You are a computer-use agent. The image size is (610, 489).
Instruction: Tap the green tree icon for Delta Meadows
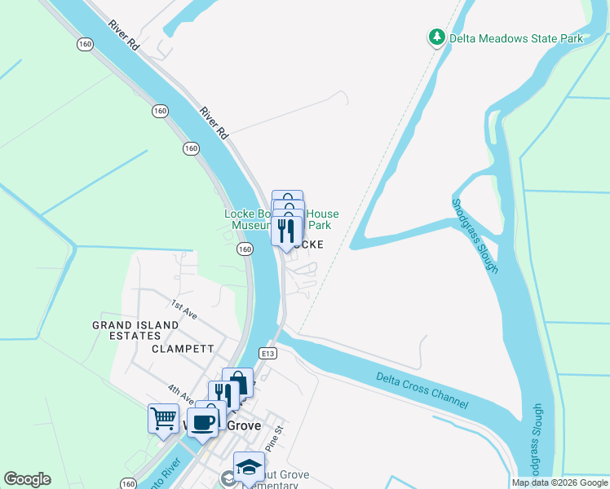tap(436, 37)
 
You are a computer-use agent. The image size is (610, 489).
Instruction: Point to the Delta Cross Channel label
tap(422, 390)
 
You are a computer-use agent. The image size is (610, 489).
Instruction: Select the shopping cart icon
tap(163, 419)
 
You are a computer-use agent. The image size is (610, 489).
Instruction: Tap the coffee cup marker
tap(201, 422)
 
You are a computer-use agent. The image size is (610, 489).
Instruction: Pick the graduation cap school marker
tap(249, 467)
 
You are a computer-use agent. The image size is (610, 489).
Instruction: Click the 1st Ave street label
tap(180, 306)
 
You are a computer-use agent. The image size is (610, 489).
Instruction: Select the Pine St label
tap(276, 425)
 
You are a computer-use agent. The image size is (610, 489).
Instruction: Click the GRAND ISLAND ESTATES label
tap(135, 330)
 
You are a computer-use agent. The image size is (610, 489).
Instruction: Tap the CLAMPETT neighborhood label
tap(183, 349)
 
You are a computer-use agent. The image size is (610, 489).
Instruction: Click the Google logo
tap(27, 479)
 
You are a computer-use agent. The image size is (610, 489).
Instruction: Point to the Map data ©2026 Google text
tap(559, 482)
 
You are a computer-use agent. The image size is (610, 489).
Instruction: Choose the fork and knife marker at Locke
tap(286, 230)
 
